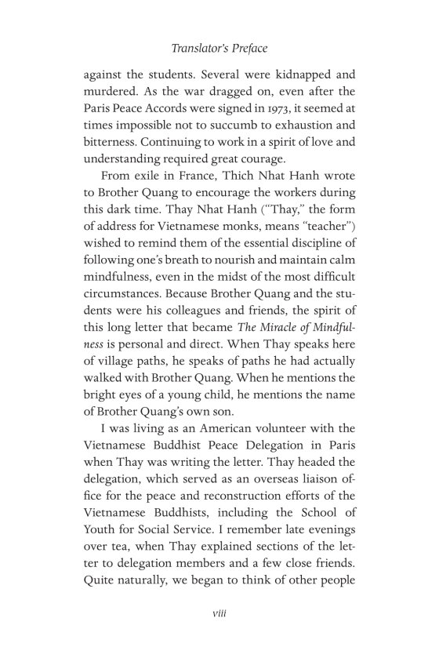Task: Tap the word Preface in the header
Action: (x=246, y=48)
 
